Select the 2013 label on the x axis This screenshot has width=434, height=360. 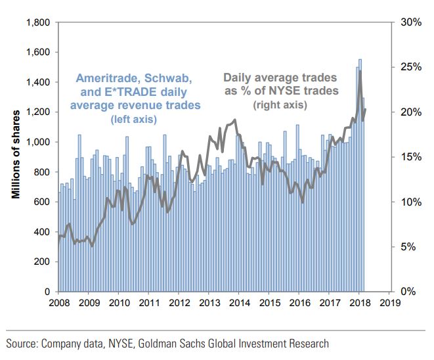click(209, 303)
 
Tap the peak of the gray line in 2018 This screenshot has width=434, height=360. click(360, 70)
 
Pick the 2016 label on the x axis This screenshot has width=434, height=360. click(299, 303)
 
